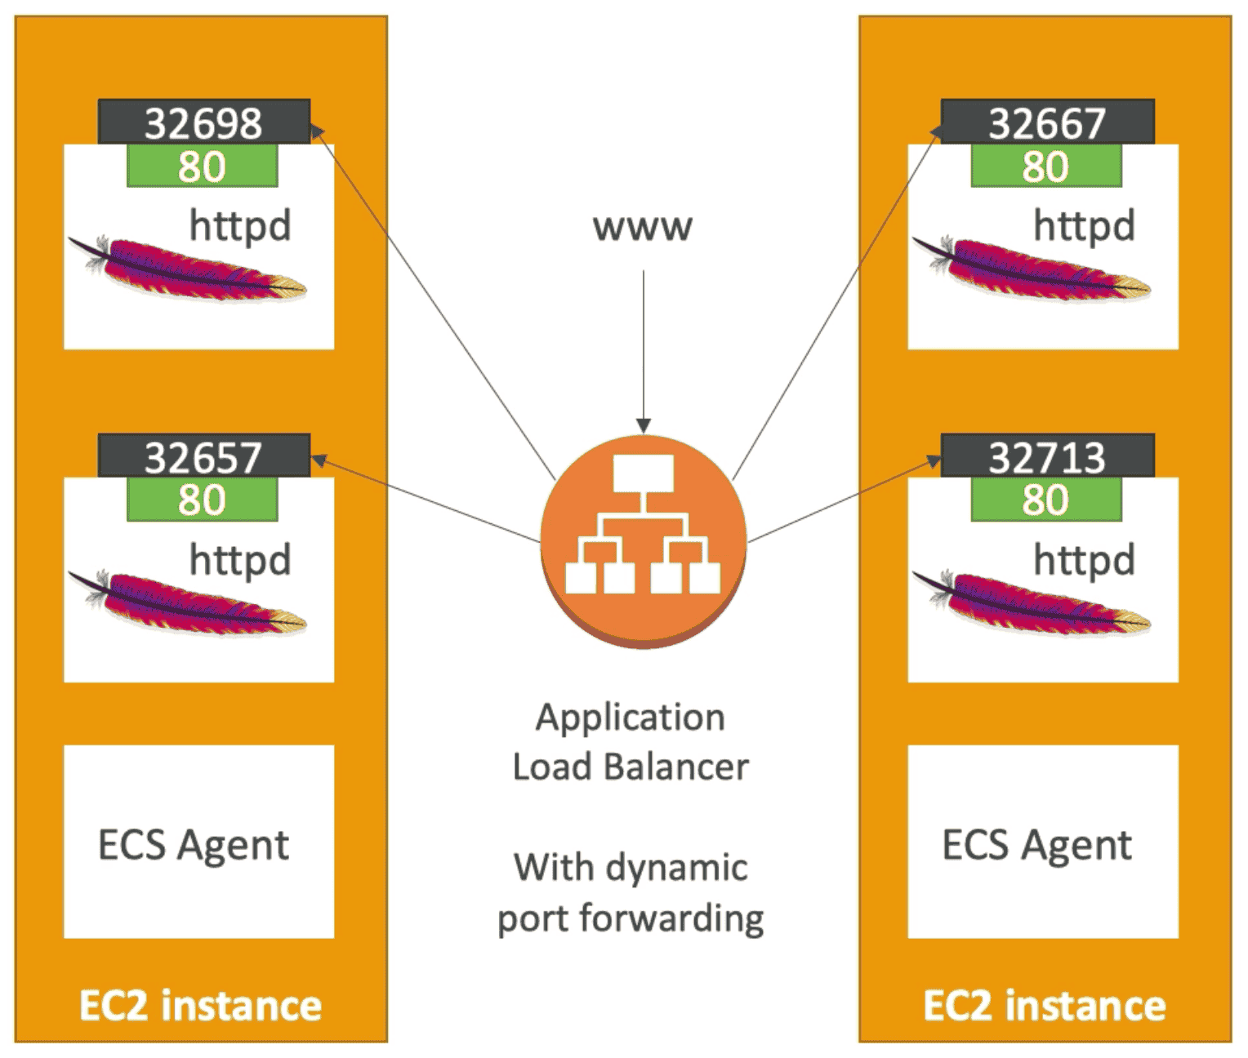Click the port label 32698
203,122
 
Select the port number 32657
203,456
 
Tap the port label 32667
1047,122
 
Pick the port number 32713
1047,456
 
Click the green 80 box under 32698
202,167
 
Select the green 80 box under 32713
1045,500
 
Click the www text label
643,227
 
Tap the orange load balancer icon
644,540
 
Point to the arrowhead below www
644,426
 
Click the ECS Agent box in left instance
198,842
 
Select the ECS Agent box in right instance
1042,842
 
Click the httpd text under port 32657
240,560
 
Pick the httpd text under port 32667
1084,226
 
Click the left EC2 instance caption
200,1005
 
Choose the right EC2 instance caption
1044,1005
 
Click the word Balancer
676,767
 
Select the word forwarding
671,918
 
